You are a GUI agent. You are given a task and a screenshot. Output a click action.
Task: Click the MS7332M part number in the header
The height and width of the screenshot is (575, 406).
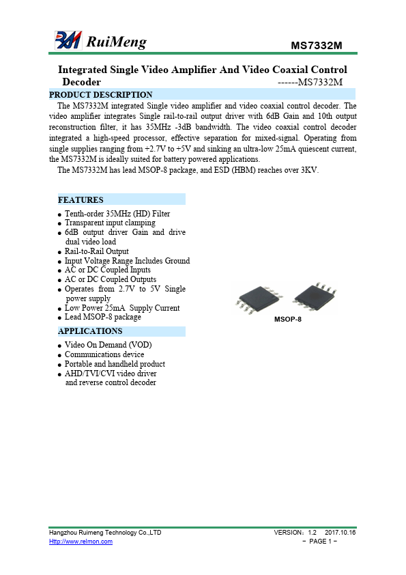click(316, 46)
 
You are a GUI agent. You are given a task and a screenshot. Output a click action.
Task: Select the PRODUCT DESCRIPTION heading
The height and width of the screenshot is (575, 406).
click(101, 94)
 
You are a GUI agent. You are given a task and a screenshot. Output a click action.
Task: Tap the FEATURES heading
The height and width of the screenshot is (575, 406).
click(81, 200)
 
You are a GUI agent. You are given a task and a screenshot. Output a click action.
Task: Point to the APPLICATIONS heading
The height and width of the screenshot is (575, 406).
click(90, 331)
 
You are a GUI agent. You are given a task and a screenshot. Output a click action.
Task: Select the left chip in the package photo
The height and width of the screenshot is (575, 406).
click(256, 298)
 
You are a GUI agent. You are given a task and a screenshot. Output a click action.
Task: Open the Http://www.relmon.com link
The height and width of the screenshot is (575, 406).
click(81, 542)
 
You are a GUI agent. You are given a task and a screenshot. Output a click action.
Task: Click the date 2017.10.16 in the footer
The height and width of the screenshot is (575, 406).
click(340, 532)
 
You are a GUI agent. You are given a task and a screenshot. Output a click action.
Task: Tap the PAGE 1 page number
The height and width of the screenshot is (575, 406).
click(320, 542)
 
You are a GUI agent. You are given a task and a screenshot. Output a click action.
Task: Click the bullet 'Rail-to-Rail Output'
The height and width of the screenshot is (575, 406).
click(96, 251)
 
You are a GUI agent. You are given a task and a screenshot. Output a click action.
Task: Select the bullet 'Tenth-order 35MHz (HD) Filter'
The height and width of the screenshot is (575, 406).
click(117, 214)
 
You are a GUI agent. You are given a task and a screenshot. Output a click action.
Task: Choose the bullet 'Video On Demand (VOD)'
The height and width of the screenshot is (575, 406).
click(108, 345)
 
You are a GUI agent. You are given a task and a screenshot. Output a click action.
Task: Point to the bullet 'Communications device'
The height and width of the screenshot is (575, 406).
click(104, 354)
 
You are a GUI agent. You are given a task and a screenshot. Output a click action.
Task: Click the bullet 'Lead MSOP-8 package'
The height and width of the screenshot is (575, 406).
click(103, 318)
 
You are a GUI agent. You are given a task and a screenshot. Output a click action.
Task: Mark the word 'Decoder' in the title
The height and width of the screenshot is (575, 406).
click(81, 82)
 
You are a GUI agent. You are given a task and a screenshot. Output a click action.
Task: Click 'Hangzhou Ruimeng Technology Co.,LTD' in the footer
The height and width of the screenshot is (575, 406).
click(105, 532)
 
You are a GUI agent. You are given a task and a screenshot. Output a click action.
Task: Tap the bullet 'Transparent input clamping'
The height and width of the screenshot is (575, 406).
click(110, 223)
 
